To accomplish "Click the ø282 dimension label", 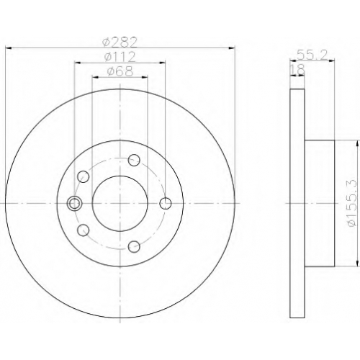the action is point(120,42).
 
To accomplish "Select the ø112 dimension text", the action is point(120,57).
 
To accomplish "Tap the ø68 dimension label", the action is point(120,71).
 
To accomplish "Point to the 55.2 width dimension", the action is point(312,55).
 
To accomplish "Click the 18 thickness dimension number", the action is point(297,70).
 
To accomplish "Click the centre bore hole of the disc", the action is point(120,204).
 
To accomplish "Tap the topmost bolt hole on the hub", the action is point(134,160).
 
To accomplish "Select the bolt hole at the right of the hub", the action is point(166,204).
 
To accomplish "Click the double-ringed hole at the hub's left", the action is point(74,204).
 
